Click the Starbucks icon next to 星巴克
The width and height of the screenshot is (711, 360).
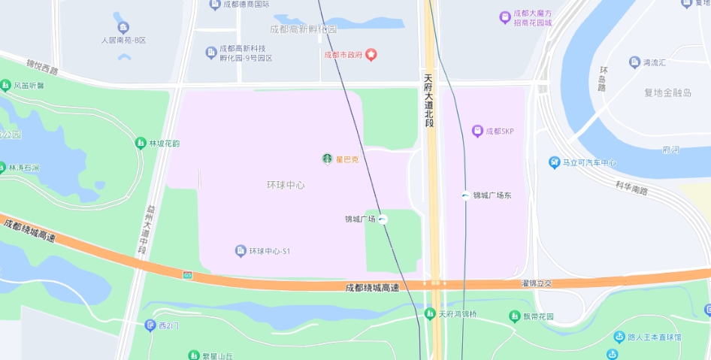tap(328, 159)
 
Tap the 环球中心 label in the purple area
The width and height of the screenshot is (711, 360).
tap(286, 185)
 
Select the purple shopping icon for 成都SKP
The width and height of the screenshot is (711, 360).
tap(477, 131)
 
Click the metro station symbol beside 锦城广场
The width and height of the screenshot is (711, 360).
tap(383, 219)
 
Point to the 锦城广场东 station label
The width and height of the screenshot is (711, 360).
tap(492, 195)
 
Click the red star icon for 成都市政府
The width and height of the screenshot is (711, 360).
tap(371, 55)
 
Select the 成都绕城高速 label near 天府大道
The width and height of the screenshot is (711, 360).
tap(372, 287)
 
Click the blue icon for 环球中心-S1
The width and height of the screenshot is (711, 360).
tap(241, 250)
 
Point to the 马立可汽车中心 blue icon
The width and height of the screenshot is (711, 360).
tap(554, 162)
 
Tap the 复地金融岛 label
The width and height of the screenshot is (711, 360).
tap(667, 93)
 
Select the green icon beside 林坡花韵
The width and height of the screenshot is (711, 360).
tap(140, 143)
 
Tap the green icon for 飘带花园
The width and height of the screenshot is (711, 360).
tap(515, 316)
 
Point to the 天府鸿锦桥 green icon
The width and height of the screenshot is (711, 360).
tap(430, 313)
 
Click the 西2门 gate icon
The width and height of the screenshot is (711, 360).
tap(150, 325)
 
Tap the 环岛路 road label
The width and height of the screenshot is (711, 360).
tap(603, 78)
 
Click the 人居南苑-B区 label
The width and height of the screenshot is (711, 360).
tap(124, 40)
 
